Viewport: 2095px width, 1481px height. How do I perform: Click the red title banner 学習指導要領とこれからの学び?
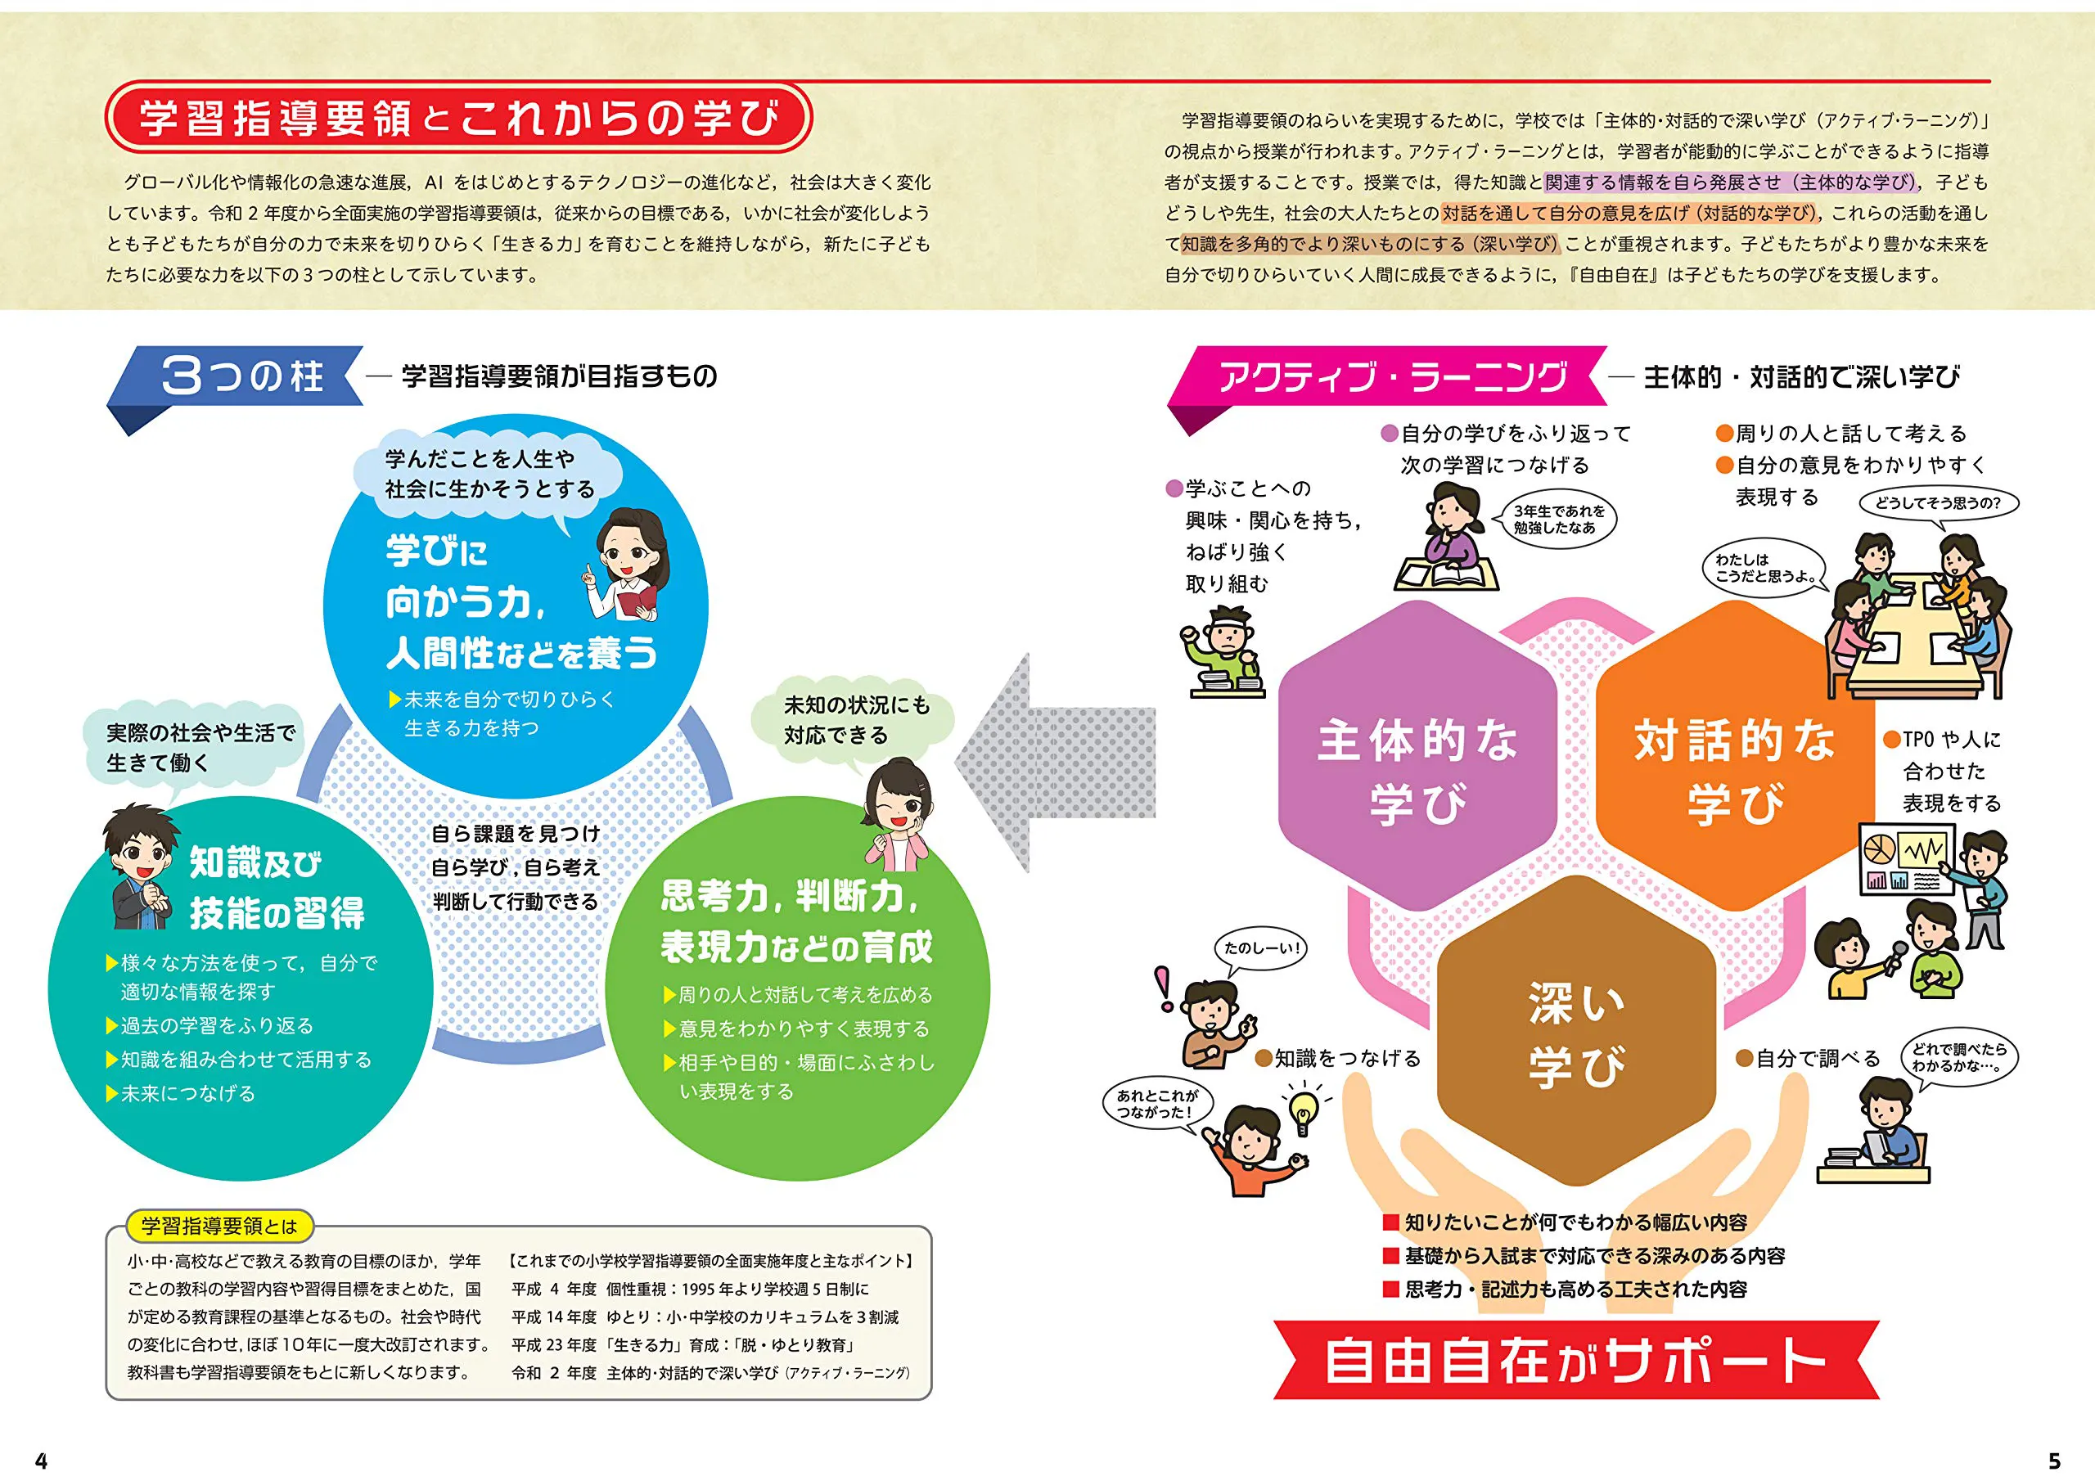click(x=458, y=118)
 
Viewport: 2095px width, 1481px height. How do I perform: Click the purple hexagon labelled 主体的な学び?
click(x=1417, y=754)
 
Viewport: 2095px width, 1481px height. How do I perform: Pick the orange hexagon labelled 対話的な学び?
click(x=1733, y=754)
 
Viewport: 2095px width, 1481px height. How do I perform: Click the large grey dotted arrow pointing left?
click(x=1056, y=762)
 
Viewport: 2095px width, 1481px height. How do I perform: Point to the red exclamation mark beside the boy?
click(x=1165, y=988)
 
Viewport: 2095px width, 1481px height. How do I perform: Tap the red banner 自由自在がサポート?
click(x=1576, y=1360)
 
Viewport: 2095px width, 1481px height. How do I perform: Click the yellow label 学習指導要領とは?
click(x=220, y=1227)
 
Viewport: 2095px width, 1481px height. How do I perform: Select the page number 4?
click(x=41, y=1461)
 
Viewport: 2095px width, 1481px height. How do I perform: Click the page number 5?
click(x=2055, y=1461)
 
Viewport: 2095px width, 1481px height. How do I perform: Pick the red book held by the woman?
click(x=637, y=601)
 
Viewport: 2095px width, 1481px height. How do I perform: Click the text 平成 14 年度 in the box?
click(x=555, y=1317)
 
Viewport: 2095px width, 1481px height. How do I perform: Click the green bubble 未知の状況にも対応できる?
click(x=856, y=720)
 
